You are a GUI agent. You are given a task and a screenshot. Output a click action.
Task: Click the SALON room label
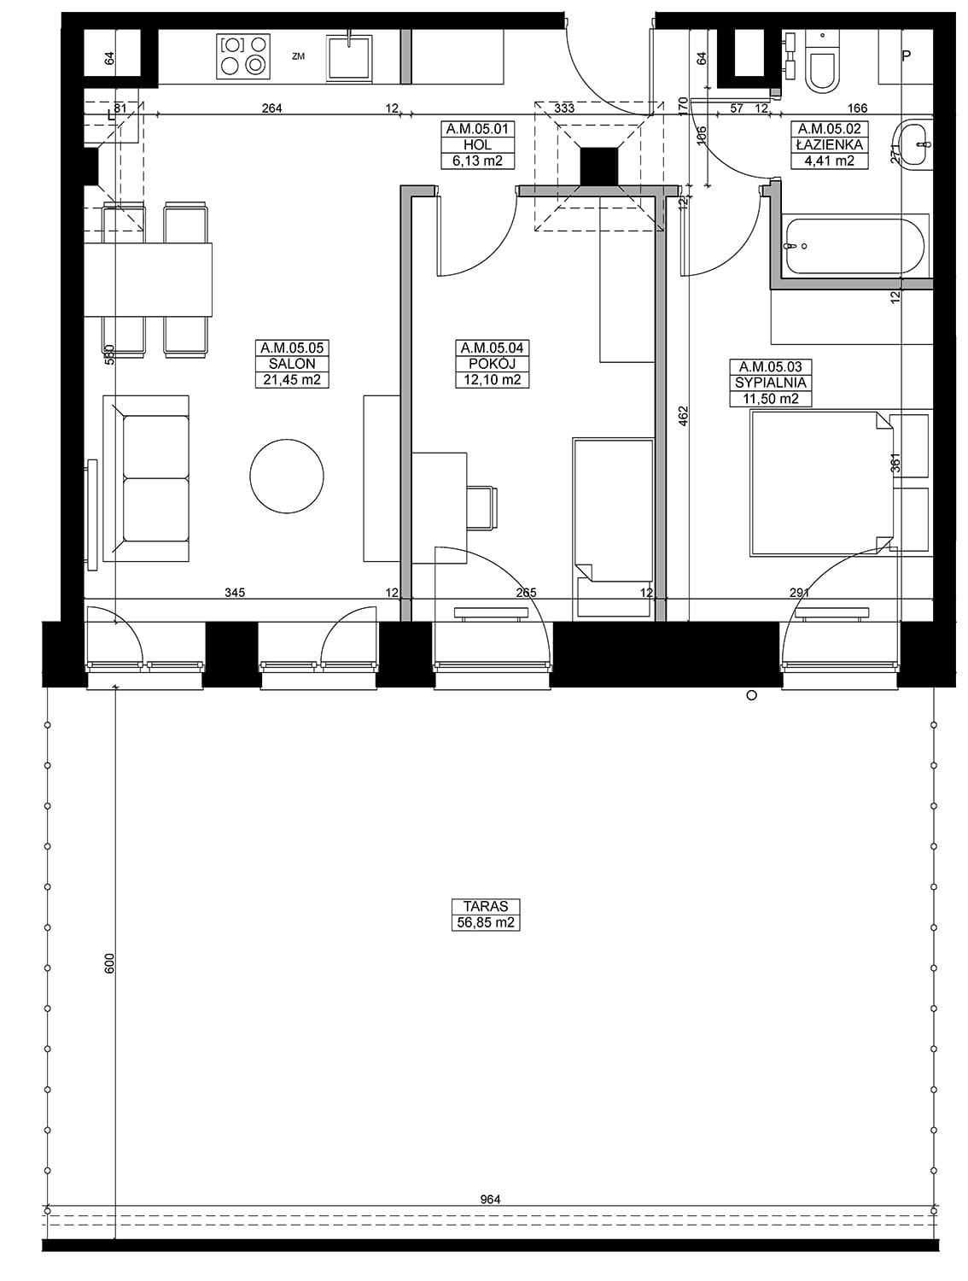pos(292,364)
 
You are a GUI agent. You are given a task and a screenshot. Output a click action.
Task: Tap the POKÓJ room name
pos(492,364)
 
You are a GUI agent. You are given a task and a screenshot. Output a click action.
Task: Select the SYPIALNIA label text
pos(770,383)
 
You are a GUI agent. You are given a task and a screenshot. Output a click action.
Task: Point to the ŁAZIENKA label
pos(829,144)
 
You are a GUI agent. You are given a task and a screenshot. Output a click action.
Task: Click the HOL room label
pos(477,144)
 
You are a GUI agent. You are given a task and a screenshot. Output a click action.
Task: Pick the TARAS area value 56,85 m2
pos(486,922)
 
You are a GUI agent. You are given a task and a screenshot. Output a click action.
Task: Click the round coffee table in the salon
pos(286,477)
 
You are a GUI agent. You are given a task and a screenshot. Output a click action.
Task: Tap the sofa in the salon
pos(146,478)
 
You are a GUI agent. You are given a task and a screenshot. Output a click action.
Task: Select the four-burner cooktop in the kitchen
pos(244,56)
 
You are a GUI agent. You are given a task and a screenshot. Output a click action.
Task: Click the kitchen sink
pos(349,56)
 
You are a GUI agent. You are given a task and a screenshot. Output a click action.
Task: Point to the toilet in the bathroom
pos(822,61)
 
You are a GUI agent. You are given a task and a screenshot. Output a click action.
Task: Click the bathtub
pos(854,246)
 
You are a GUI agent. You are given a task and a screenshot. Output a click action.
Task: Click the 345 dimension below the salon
pos(235,593)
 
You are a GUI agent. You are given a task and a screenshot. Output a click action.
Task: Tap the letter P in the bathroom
pos(906,56)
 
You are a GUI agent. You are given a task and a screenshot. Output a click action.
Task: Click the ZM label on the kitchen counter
pos(299,56)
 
